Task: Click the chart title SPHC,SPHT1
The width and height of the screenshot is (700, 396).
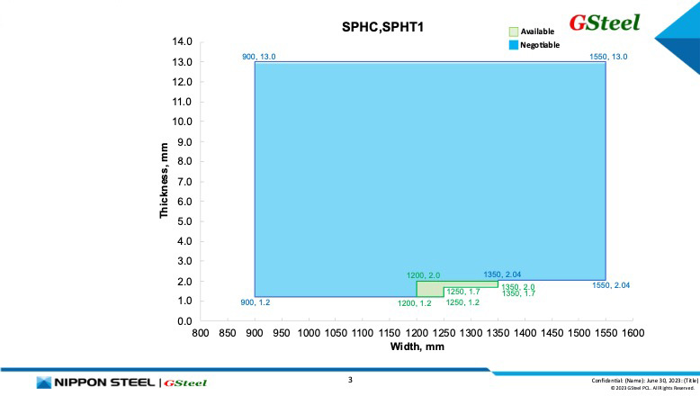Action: pyautogui.click(x=382, y=28)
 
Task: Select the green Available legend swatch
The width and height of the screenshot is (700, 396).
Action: pyautogui.click(x=514, y=31)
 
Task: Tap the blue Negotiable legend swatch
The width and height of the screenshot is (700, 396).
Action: pyautogui.click(x=514, y=44)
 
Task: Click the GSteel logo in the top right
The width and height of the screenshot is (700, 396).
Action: pyautogui.click(x=604, y=22)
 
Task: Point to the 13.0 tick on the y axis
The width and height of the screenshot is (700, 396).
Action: pyautogui.click(x=183, y=62)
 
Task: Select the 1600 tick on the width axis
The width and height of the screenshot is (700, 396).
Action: pyautogui.click(x=633, y=334)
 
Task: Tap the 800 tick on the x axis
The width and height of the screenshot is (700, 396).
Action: pyautogui.click(x=201, y=334)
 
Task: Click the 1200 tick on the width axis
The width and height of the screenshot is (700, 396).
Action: pyautogui.click(x=417, y=334)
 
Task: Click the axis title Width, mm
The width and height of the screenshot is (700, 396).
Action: pyautogui.click(x=417, y=346)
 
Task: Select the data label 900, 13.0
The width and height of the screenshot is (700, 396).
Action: pyautogui.click(x=258, y=57)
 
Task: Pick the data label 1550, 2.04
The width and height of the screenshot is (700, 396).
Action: pyautogui.click(x=611, y=285)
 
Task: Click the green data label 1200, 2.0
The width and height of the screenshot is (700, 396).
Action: pyautogui.click(x=423, y=275)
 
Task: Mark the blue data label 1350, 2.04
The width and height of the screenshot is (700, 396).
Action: pyautogui.click(x=502, y=274)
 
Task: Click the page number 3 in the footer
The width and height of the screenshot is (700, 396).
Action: pyautogui.click(x=350, y=380)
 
